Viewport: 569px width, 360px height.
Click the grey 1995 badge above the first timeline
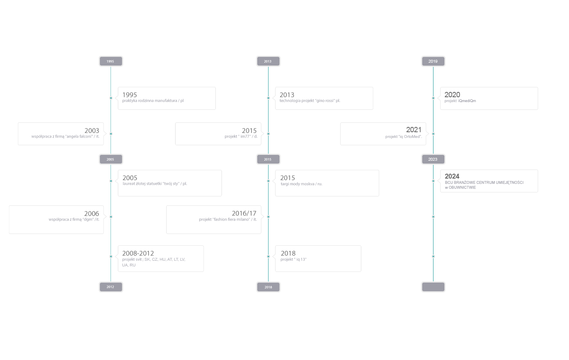click(x=111, y=61)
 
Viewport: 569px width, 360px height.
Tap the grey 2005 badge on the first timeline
click(x=111, y=159)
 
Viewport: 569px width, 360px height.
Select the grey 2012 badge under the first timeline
click(x=111, y=287)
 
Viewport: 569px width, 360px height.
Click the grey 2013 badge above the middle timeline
click(x=268, y=61)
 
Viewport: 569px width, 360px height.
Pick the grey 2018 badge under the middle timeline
click(x=268, y=287)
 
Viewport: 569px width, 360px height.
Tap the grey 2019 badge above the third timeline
click(x=433, y=61)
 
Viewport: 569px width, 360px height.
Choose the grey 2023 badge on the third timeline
click(x=433, y=159)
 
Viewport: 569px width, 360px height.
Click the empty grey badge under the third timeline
click(x=433, y=287)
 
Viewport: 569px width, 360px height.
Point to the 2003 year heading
click(x=92, y=131)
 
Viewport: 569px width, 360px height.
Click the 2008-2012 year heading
click(x=138, y=253)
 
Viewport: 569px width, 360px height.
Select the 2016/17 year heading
click(x=244, y=213)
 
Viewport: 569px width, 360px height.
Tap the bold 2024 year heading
click(x=452, y=176)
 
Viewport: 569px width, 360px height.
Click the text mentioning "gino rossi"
click(x=310, y=101)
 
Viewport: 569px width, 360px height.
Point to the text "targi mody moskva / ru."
click(x=301, y=184)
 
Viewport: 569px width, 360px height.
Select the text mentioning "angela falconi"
click(x=65, y=137)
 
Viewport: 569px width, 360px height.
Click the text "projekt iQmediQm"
click(x=460, y=101)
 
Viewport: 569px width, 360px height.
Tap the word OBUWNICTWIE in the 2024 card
click(x=462, y=188)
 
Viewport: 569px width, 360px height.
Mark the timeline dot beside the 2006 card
click(x=111, y=217)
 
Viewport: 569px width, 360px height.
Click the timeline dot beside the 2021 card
click(x=433, y=134)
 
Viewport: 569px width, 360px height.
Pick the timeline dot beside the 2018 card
click(x=268, y=257)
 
